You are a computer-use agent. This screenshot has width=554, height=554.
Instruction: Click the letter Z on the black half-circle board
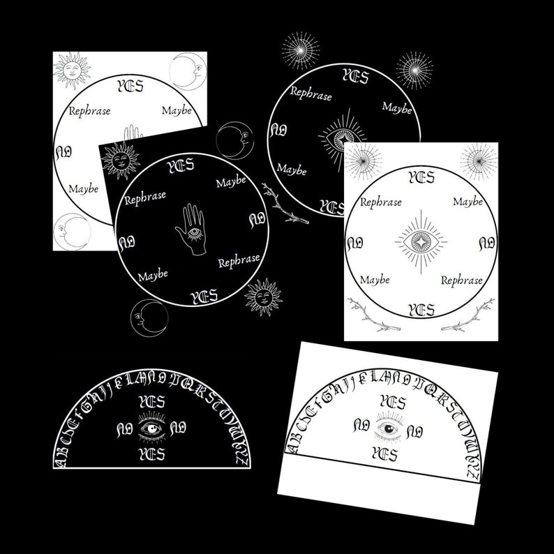click(239, 461)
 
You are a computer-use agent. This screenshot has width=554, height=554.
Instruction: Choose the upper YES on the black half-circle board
click(151, 402)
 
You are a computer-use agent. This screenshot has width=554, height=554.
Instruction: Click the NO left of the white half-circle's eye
click(361, 424)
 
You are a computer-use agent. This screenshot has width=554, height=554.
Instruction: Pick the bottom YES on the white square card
click(421, 309)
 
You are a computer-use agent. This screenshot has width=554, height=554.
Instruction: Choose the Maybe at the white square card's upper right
click(467, 202)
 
